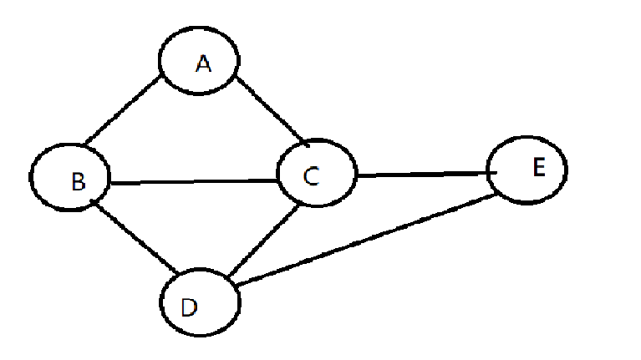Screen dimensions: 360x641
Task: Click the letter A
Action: coord(202,63)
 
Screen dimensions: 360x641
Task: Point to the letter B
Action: coord(78,182)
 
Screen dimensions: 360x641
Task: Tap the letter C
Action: coord(310,176)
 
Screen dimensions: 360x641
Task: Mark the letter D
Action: coord(189,307)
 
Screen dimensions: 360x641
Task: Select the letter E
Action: coord(537,168)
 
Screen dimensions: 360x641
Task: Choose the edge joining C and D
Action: coord(262,242)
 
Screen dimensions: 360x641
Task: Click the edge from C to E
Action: coord(422,175)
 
